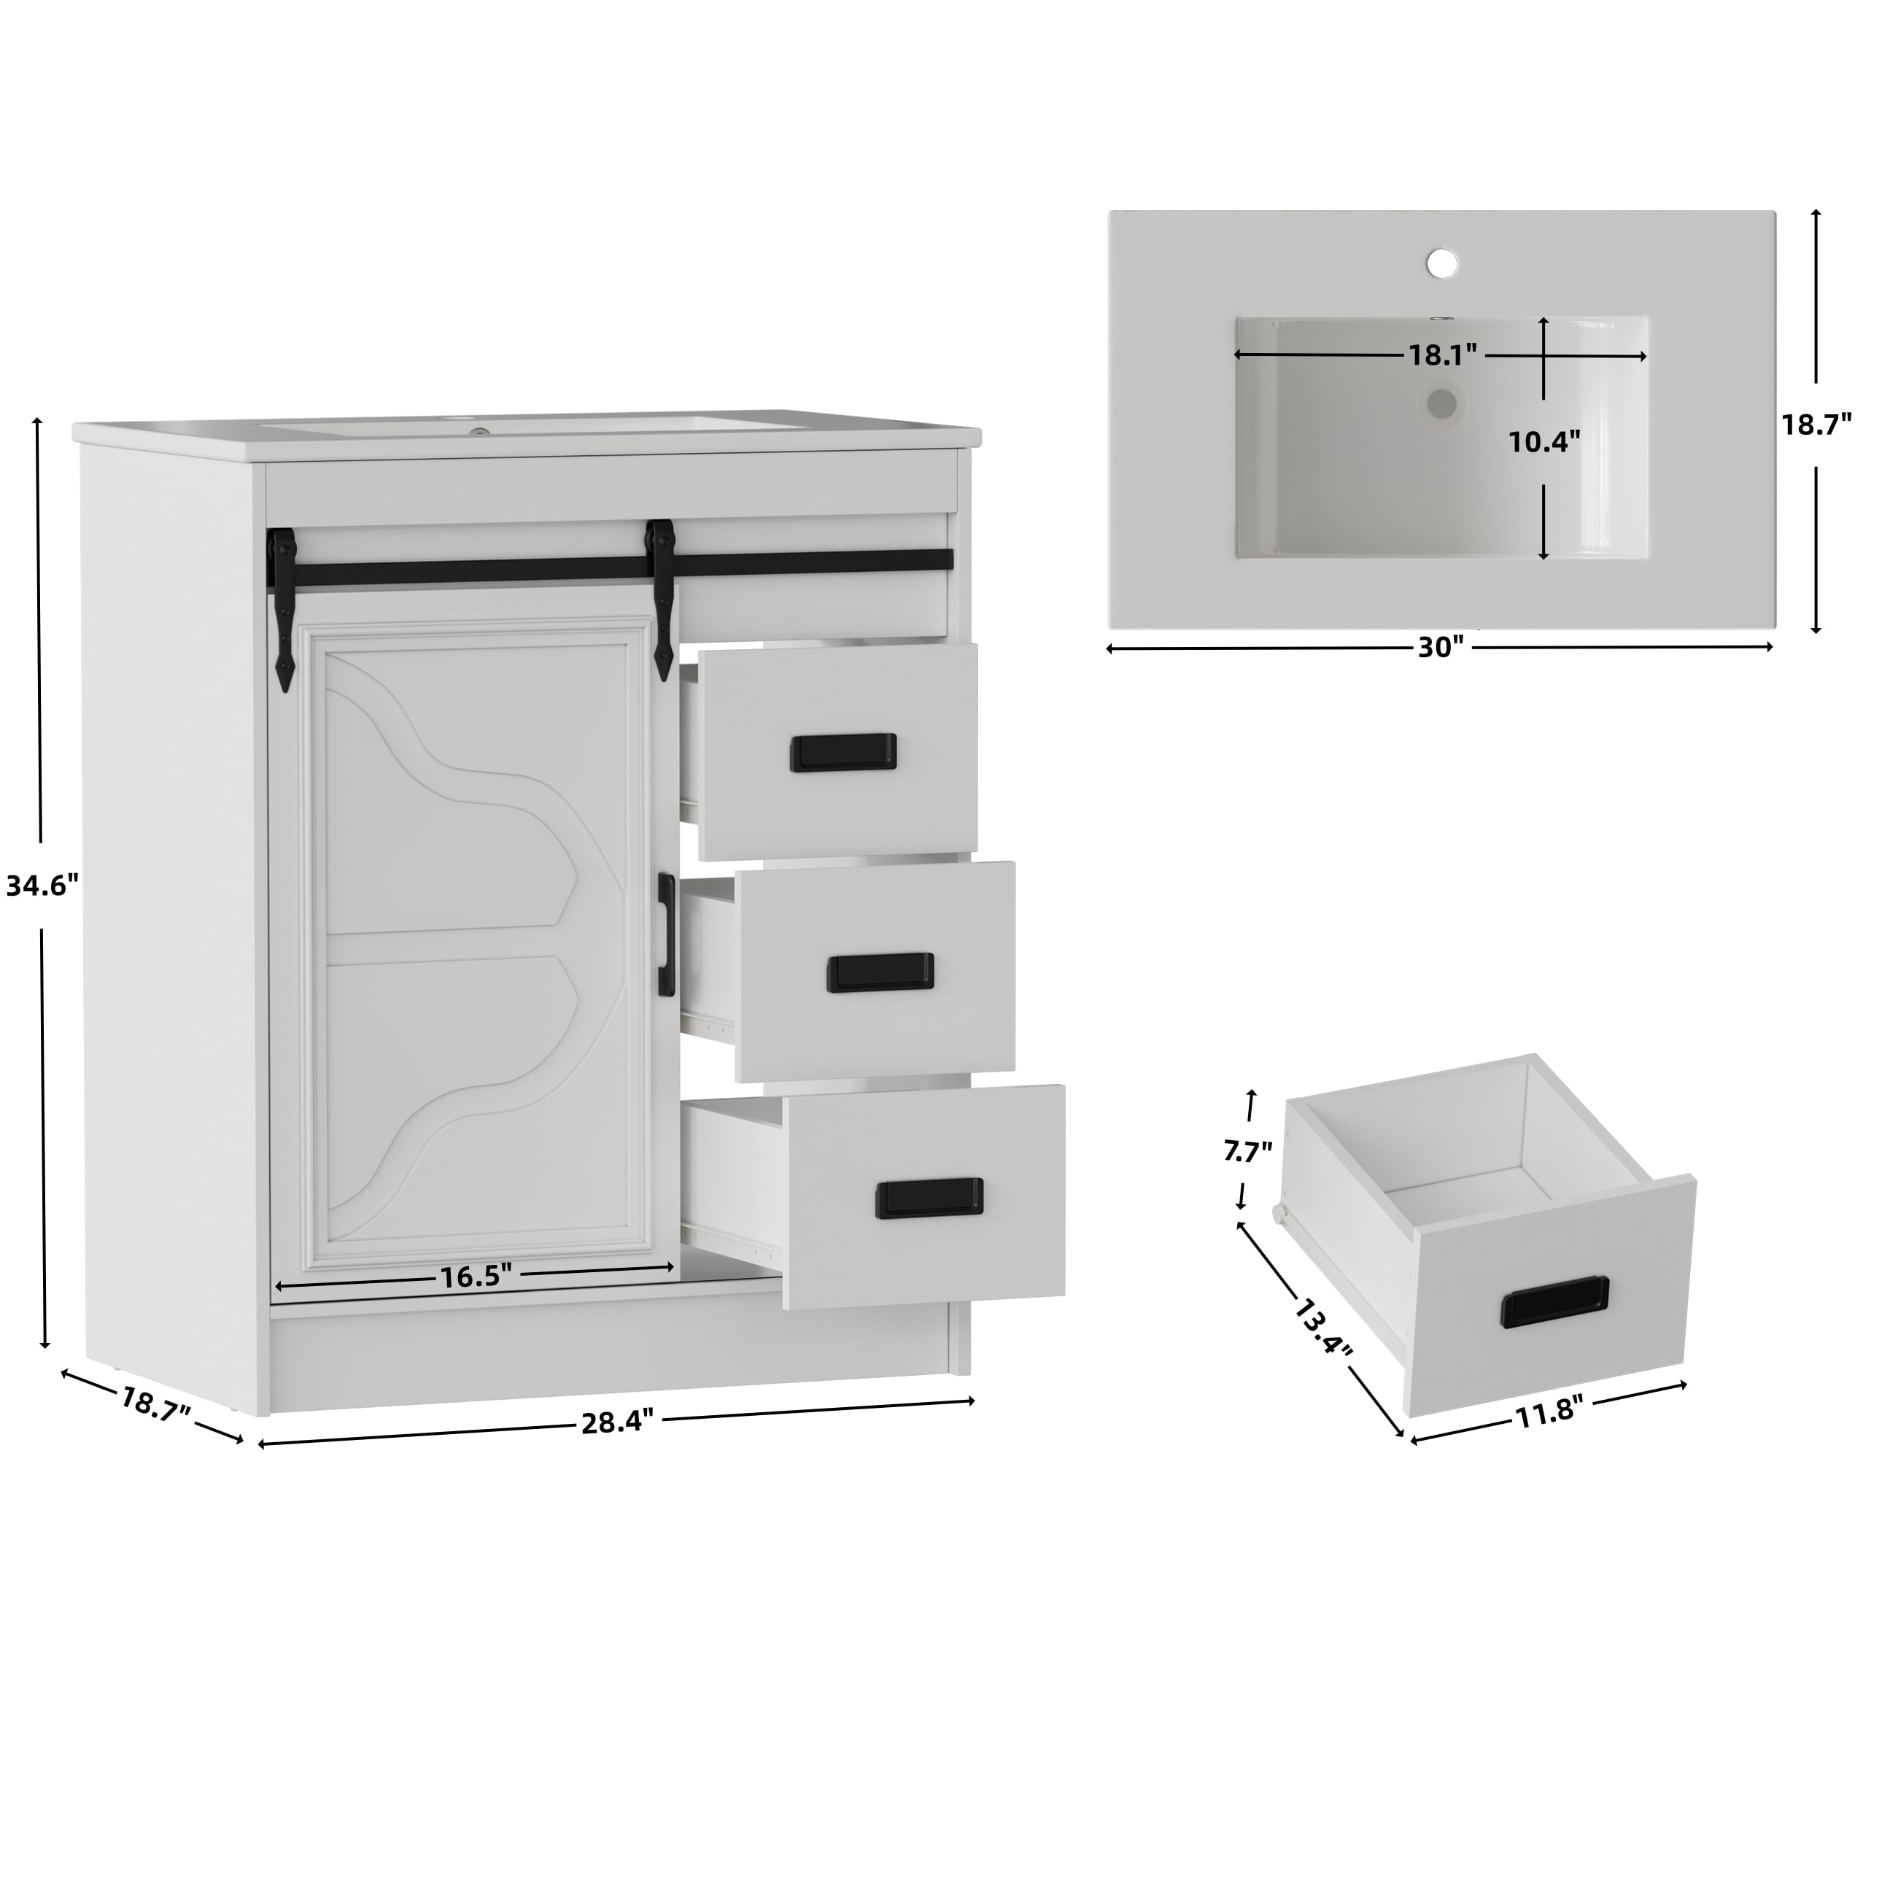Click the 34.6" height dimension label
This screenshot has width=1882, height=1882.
click(x=42, y=886)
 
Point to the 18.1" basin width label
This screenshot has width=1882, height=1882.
click(x=1443, y=355)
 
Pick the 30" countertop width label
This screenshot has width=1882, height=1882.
click(x=1441, y=648)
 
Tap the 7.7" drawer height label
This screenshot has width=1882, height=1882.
click(x=1248, y=1153)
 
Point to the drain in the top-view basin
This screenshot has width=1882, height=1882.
click(x=1441, y=403)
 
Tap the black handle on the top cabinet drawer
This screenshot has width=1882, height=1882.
click(x=843, y=752)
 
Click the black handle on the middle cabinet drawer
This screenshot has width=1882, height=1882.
click(x=880, y=972)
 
